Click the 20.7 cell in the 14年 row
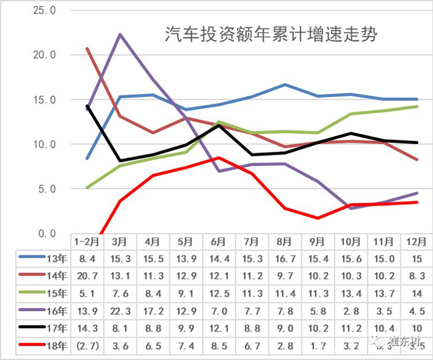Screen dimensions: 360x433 87,276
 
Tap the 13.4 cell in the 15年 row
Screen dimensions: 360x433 351,293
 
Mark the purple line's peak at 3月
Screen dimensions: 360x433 120,34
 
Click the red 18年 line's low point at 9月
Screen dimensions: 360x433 318,218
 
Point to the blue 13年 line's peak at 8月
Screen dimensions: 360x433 285,84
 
